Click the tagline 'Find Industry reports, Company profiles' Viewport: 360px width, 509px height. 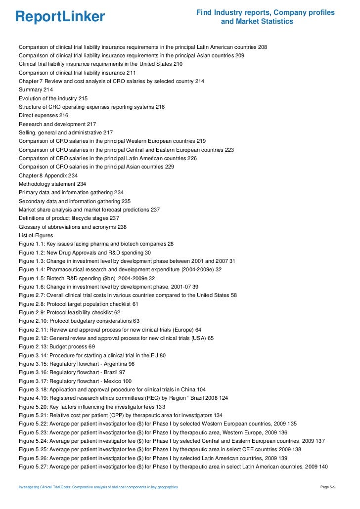tap(265, 12)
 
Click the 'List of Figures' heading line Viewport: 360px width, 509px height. tap(36, 236)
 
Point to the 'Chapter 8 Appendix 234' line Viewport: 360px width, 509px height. tap(48, 175)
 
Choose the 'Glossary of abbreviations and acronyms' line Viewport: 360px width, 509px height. tap(73, 227)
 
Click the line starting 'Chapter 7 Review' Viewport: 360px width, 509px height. tap(111, 81)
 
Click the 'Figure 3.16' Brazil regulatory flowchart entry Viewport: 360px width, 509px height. tap(72, 372)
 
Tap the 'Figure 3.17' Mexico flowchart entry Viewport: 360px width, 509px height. tap(75, 381)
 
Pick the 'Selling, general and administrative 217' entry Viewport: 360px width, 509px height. tap(66, 132)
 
